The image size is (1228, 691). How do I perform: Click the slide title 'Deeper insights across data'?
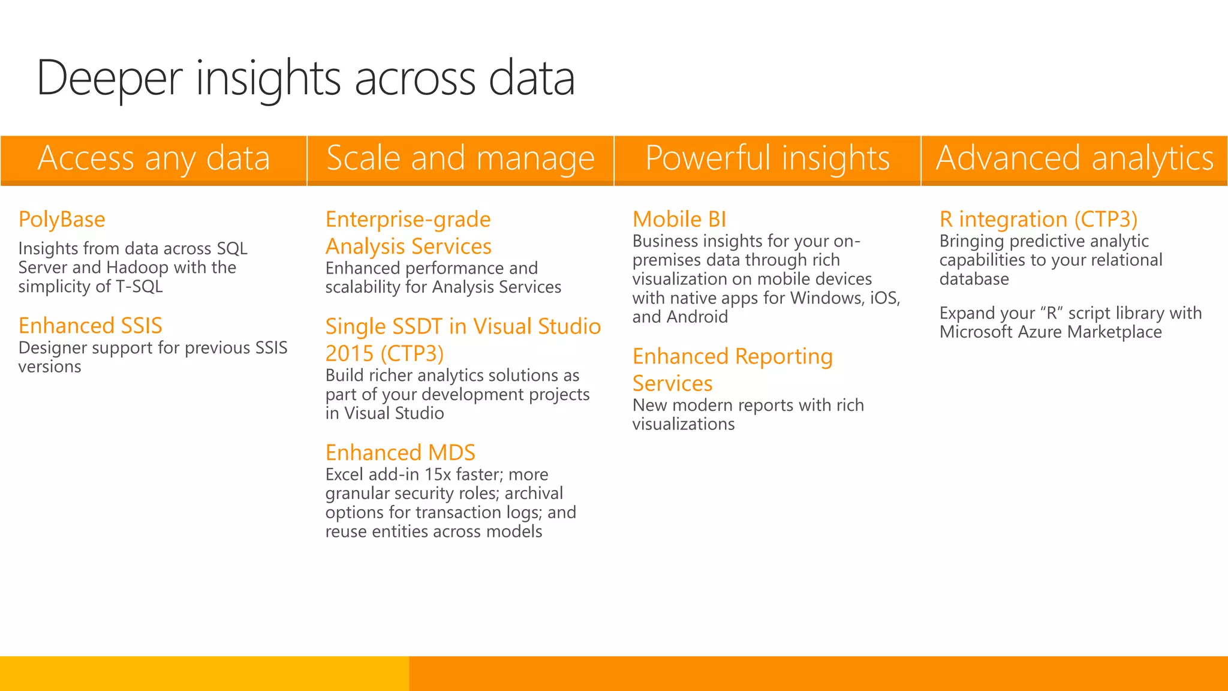click(x=306, y=78)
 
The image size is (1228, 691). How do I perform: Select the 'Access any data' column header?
click(x=153, y=159)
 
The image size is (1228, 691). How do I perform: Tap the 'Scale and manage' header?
click(x=460, y=159)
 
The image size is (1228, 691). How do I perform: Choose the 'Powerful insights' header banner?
click(x=767, y=159)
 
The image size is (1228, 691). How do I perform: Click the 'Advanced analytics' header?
click(x=1074, y=159)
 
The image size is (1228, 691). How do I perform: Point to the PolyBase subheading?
click(x=62, y=220)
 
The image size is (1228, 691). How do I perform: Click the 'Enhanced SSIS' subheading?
click(x=91, y=326)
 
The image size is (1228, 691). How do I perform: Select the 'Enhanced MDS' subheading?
click(x=401, y=452)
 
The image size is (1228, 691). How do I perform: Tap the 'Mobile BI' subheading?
click(x=679, y=220)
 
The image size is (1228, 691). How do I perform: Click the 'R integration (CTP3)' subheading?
click(x=1039, y=220)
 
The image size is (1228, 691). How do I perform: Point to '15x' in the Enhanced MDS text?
click(x=438, y=474)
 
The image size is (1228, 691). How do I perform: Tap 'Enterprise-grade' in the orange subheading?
click(x=408, y=220)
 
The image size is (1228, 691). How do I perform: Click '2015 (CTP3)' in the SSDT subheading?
click(x=384, y=353)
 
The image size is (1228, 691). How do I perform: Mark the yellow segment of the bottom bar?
click(x=204, y=673)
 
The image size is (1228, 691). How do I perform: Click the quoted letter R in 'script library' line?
click(x=1051, y=313)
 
